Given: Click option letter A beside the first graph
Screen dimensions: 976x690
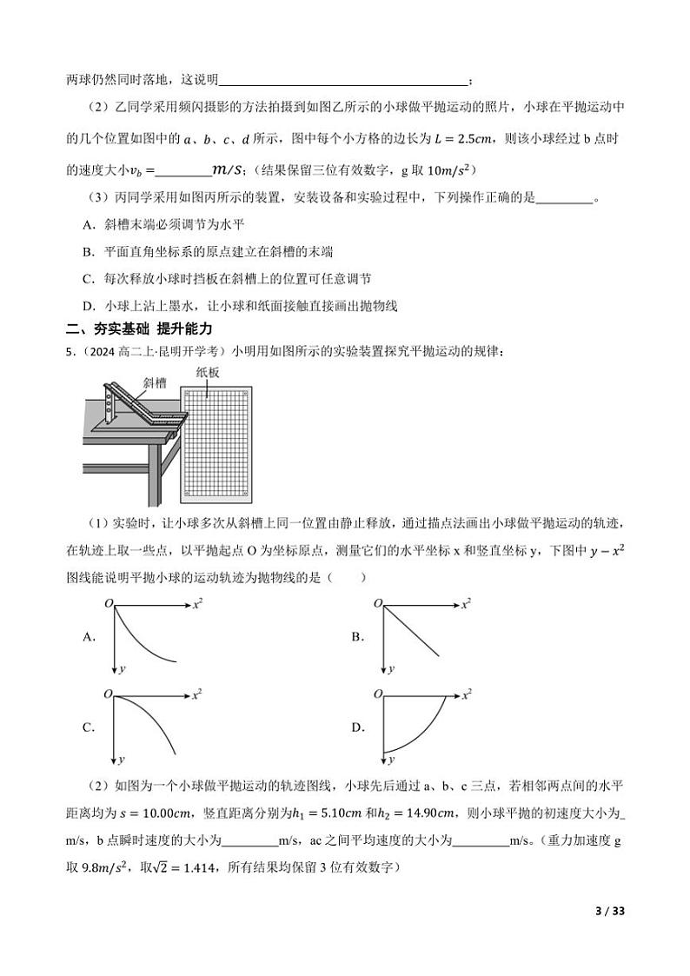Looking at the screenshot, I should tap(88, 637).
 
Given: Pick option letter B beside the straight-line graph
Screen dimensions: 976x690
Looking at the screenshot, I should tap(357, 637).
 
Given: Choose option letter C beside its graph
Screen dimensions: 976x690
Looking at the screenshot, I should tap(88, 727).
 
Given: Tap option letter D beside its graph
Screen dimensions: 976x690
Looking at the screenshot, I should tap(357, 727).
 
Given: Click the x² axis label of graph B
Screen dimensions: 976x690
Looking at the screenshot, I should tap(466, 602).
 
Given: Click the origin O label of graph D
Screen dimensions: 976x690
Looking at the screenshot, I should tap(378, 694).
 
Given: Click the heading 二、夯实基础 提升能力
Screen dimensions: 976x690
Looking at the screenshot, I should tap(139, 329).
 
